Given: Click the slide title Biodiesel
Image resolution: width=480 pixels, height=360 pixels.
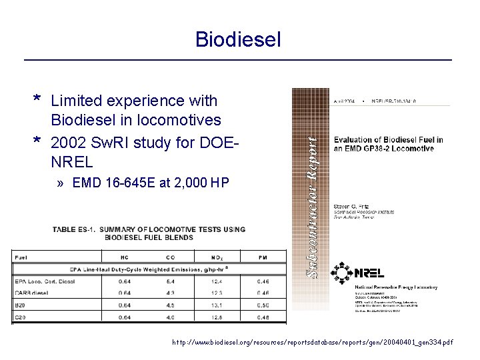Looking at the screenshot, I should point(238,39).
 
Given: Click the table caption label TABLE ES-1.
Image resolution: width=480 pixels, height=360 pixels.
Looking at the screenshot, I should point(76,229).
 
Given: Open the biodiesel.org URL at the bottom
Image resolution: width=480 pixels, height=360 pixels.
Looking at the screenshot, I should point(312,342).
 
